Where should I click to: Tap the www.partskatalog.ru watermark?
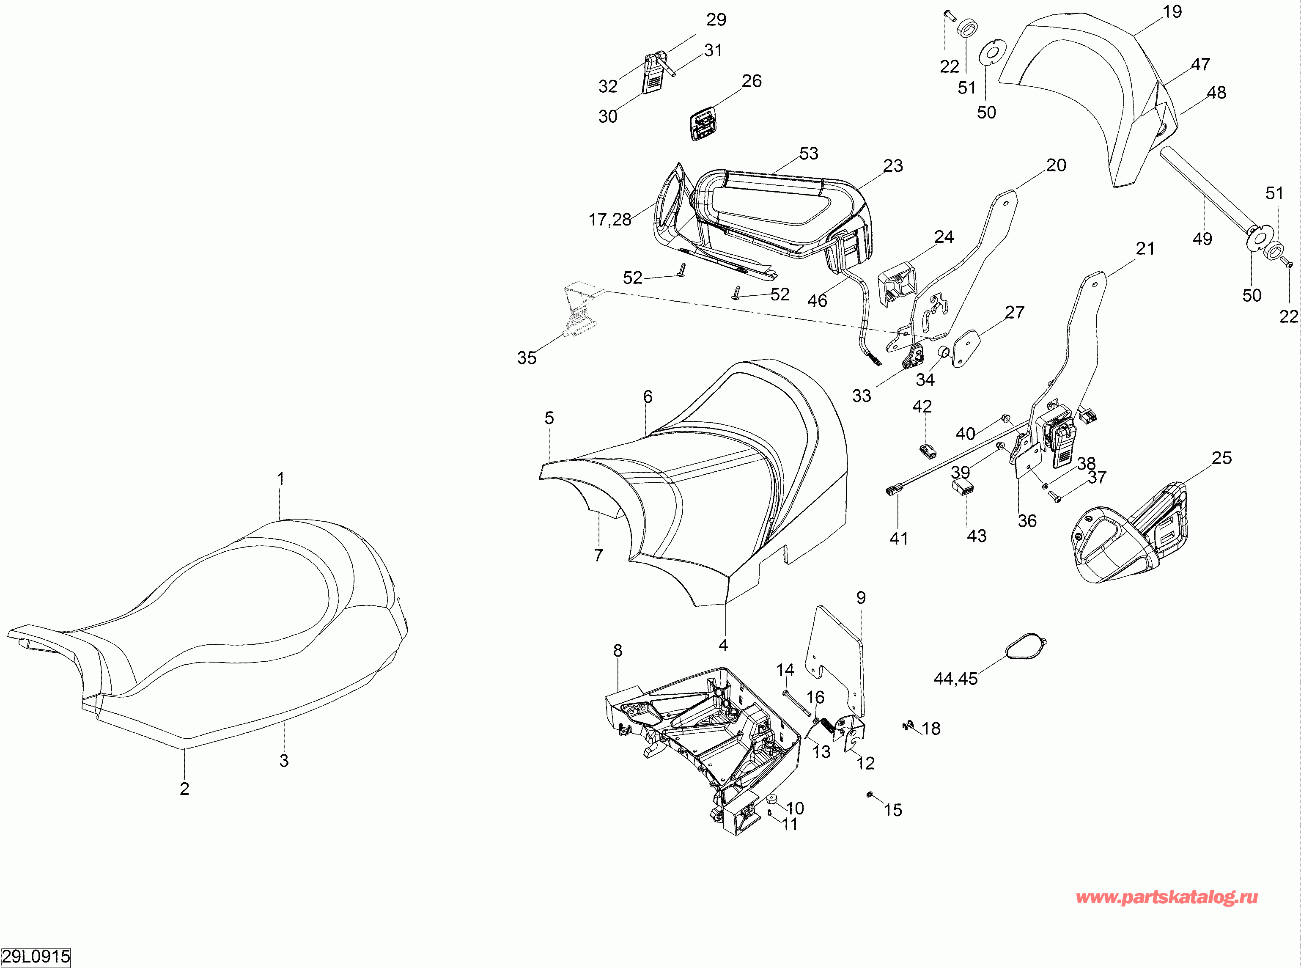click(x=1167, y=897)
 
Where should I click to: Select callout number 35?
click(x=527, y=357)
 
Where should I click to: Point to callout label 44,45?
click(x=955, y=679)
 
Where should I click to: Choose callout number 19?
click(x=1172, y=12)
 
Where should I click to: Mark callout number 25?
click(x=1221, y=458)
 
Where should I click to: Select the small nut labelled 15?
click(x=870, y=795)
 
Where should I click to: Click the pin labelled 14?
click(x=796, y=703)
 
